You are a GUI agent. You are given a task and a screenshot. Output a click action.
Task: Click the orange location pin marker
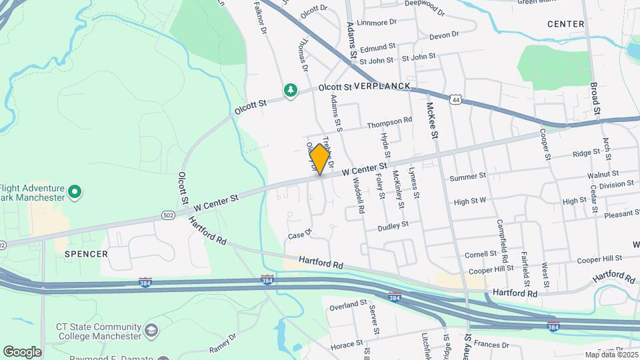point(320,159)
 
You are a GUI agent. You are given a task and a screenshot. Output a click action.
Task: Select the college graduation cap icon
point(151,331)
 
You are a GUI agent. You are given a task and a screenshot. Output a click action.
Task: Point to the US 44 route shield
point(455,99)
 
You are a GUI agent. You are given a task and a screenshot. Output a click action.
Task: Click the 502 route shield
point(169,215)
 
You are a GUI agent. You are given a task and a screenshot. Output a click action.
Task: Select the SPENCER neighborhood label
point(86,254)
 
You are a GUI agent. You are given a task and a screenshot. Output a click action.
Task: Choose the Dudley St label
point(393,226)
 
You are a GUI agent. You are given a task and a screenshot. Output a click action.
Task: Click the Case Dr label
point(300,234)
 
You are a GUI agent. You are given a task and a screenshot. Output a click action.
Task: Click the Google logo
point(23,351)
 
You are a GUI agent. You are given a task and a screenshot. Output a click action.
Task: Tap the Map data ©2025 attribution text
point(611,355)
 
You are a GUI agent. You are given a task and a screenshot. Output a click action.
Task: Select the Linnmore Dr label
point(377,22)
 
